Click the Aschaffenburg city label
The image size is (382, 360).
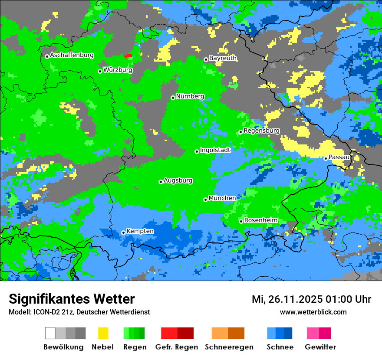(x=72, y=55)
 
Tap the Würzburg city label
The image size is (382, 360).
(x=118, y=70)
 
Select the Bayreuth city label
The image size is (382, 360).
(x=223, y=58)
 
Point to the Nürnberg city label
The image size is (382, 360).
(x=190, y=96)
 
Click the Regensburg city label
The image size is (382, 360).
(x=261, y=131)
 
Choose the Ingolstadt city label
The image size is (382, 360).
(x=215, y=150)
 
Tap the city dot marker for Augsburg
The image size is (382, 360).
(x=161, y=182)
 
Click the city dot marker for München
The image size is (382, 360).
(x=205, y=200)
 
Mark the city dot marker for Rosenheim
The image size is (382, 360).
(x=241, y=221)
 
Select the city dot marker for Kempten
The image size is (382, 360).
(x=123, y=232)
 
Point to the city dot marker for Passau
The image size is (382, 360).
(x=326, y=158)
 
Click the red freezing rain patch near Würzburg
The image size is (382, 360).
(x=128, y=56)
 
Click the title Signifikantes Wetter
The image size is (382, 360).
(x=72, y=299)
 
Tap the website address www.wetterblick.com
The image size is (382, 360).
(x=313, y=312)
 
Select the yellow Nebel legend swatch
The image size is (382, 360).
(x=103, y=333)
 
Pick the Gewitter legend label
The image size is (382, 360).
(x=320, y=347)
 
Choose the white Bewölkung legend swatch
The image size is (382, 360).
(x=50, y=333)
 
